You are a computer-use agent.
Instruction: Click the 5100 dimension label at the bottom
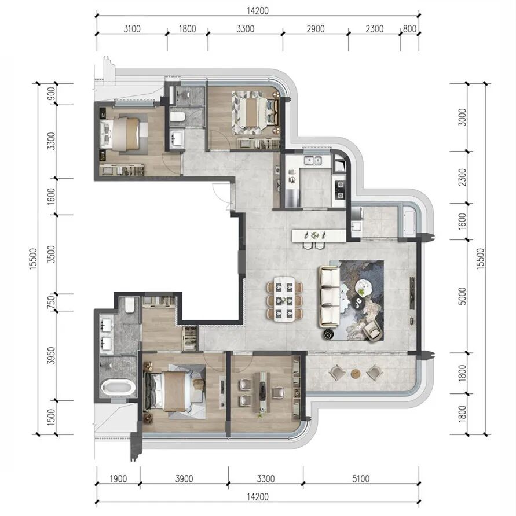tap(361, 478)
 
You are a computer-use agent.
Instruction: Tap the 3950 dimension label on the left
tap(52, 356)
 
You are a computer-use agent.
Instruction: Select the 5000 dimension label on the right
tap(462, 296)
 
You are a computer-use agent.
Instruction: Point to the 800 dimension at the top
tap(409, 29)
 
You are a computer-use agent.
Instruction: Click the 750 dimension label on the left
tap(51, 302)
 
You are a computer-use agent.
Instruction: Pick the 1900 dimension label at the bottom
tap(118, 478)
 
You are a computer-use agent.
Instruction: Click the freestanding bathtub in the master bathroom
tap(118, 387)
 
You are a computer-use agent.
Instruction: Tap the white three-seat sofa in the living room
tap(329, 297)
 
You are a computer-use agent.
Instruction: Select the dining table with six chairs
tap(284, 298)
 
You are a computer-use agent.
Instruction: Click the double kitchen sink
tap(312, 161)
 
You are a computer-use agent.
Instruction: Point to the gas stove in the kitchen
tap(340, 190)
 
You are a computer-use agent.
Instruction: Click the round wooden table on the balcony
tap(355, 374)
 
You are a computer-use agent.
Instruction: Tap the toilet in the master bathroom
tap(130, 305)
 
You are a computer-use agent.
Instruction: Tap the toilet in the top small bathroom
tap(178, 117)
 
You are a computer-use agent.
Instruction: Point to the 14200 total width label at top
tap(258, 11)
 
